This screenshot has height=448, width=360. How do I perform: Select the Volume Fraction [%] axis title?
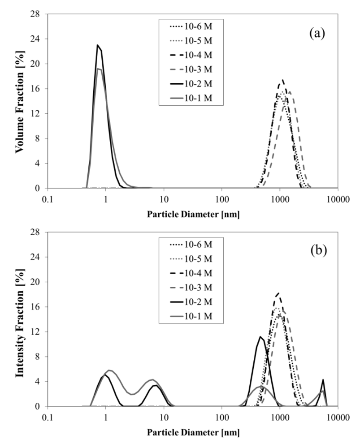point(20,101)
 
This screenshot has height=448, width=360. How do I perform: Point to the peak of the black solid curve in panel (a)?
point(98,45)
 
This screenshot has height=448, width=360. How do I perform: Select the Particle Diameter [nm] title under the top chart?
point(192,214)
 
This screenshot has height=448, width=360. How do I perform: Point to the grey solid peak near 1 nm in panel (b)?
point(109,370)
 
